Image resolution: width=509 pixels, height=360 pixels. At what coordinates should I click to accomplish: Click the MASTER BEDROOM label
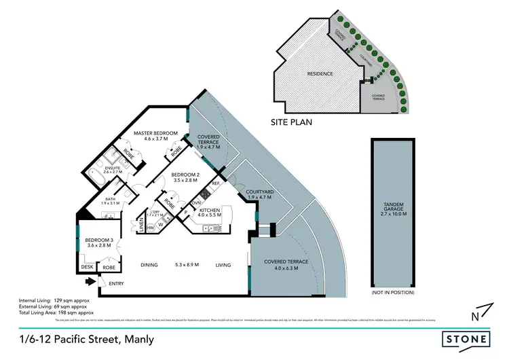(155, 133)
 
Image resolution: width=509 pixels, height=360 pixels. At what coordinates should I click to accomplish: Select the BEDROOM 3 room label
(99, 240)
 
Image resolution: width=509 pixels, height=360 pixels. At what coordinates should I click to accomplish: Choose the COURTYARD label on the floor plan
(259, 193)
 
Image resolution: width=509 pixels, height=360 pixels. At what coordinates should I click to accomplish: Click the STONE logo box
(466, 338)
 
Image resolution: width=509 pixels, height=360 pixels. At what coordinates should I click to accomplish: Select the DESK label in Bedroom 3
(86, 268)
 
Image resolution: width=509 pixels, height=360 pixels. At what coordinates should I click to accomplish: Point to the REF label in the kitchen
(216, 183)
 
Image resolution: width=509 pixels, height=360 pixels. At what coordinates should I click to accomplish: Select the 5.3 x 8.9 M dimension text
(187, 265)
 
